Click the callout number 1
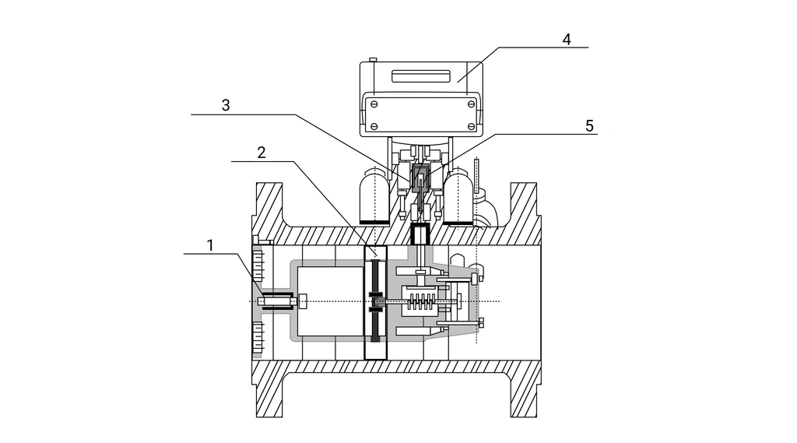tap(210, 246)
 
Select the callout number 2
tap(262, 153)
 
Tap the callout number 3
tap(226, 105)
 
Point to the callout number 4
tap(567, 39)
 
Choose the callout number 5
tap(589, 125)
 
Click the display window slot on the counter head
tap(421, 76)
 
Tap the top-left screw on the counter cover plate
tap(374, 104)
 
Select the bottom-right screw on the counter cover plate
tap(471, 126)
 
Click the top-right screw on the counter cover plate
tap(471, 104)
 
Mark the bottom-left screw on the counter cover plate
tap(374, 126)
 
